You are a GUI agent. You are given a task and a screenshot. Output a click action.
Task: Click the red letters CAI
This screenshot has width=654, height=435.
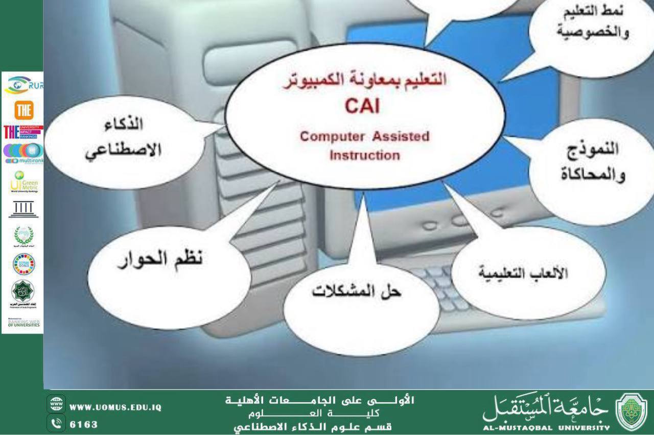click(362, 107)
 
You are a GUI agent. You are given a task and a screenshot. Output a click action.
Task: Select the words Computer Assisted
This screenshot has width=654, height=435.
click(364, 137)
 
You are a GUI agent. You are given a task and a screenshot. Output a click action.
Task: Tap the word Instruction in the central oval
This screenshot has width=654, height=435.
click(364, 155)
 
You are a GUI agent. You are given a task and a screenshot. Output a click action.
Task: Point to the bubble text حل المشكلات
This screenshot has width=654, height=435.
click(357, 292)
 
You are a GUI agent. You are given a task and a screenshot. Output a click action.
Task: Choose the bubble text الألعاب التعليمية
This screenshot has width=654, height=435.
click(523, 273)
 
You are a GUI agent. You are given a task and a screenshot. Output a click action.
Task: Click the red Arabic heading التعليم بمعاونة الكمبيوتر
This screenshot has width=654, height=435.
click(364, 81)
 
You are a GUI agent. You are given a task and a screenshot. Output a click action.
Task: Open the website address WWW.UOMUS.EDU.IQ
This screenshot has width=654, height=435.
click(115, 407)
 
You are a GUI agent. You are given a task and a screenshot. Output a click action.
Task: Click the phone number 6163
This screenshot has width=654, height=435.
click(83, 424)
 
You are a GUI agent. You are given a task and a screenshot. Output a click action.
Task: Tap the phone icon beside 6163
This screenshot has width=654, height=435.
click(56, 424)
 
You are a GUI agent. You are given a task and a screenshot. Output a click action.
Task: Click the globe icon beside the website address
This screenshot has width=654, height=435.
click(56, 403)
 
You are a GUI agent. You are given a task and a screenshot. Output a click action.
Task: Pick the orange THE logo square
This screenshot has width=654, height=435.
click(22, 110)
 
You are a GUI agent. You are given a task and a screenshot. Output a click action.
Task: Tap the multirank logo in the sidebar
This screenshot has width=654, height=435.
click(24, 153)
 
